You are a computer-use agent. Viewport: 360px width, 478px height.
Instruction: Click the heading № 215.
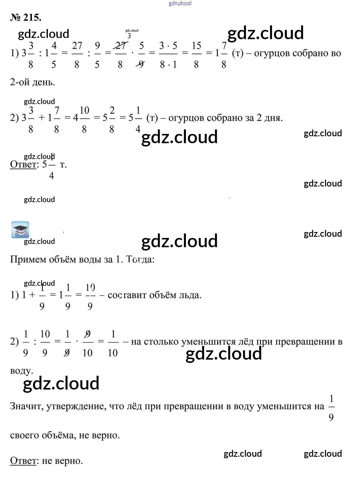[26, 18]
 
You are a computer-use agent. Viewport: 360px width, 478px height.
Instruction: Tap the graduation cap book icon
[20, 230]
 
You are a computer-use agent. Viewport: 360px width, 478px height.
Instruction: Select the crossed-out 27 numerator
[120, 46]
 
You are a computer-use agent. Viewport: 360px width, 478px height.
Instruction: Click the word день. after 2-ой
[44, 82]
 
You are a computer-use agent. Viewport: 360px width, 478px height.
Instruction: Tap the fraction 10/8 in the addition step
[84, 119]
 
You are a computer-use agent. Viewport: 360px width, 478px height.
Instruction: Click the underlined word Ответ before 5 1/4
[23, 164]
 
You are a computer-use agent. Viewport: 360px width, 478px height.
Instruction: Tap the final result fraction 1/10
[113, 343]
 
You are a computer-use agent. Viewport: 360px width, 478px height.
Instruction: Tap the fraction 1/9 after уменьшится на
[331, 407]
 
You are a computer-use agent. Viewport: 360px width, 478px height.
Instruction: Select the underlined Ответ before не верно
[23, 461]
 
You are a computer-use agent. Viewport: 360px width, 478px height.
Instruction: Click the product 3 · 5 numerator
[168, 46]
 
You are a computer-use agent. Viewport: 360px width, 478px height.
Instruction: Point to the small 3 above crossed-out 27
[129, 36]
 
